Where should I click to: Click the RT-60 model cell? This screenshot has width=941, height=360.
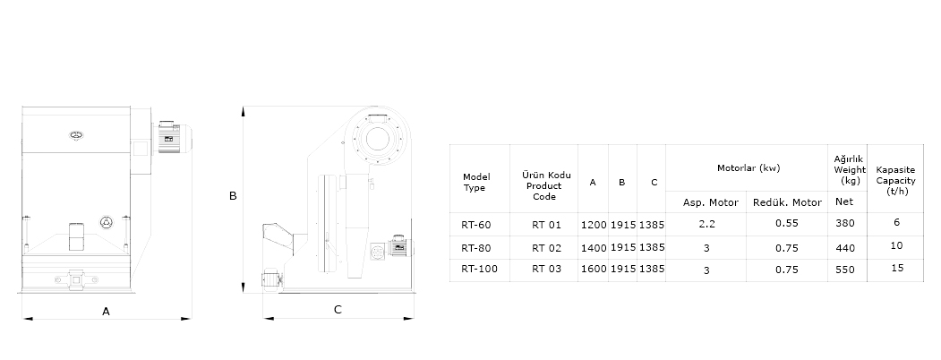coord(476,225)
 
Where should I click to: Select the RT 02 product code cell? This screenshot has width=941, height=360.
coord(546,247)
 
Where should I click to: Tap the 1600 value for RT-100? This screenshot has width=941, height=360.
coord(594,269)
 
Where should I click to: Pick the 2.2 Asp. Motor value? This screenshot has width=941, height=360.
coord(707,224)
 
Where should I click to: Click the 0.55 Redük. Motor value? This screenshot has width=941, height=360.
coord(787,223)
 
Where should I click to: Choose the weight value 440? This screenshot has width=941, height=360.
coord(845,248)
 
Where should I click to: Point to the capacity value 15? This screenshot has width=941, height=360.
coord(897,268)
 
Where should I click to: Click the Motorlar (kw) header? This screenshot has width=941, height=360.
coord(749,168)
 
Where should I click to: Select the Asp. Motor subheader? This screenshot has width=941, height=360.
coord(711,202)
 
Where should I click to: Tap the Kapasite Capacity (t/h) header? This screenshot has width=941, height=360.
coord(895,181)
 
